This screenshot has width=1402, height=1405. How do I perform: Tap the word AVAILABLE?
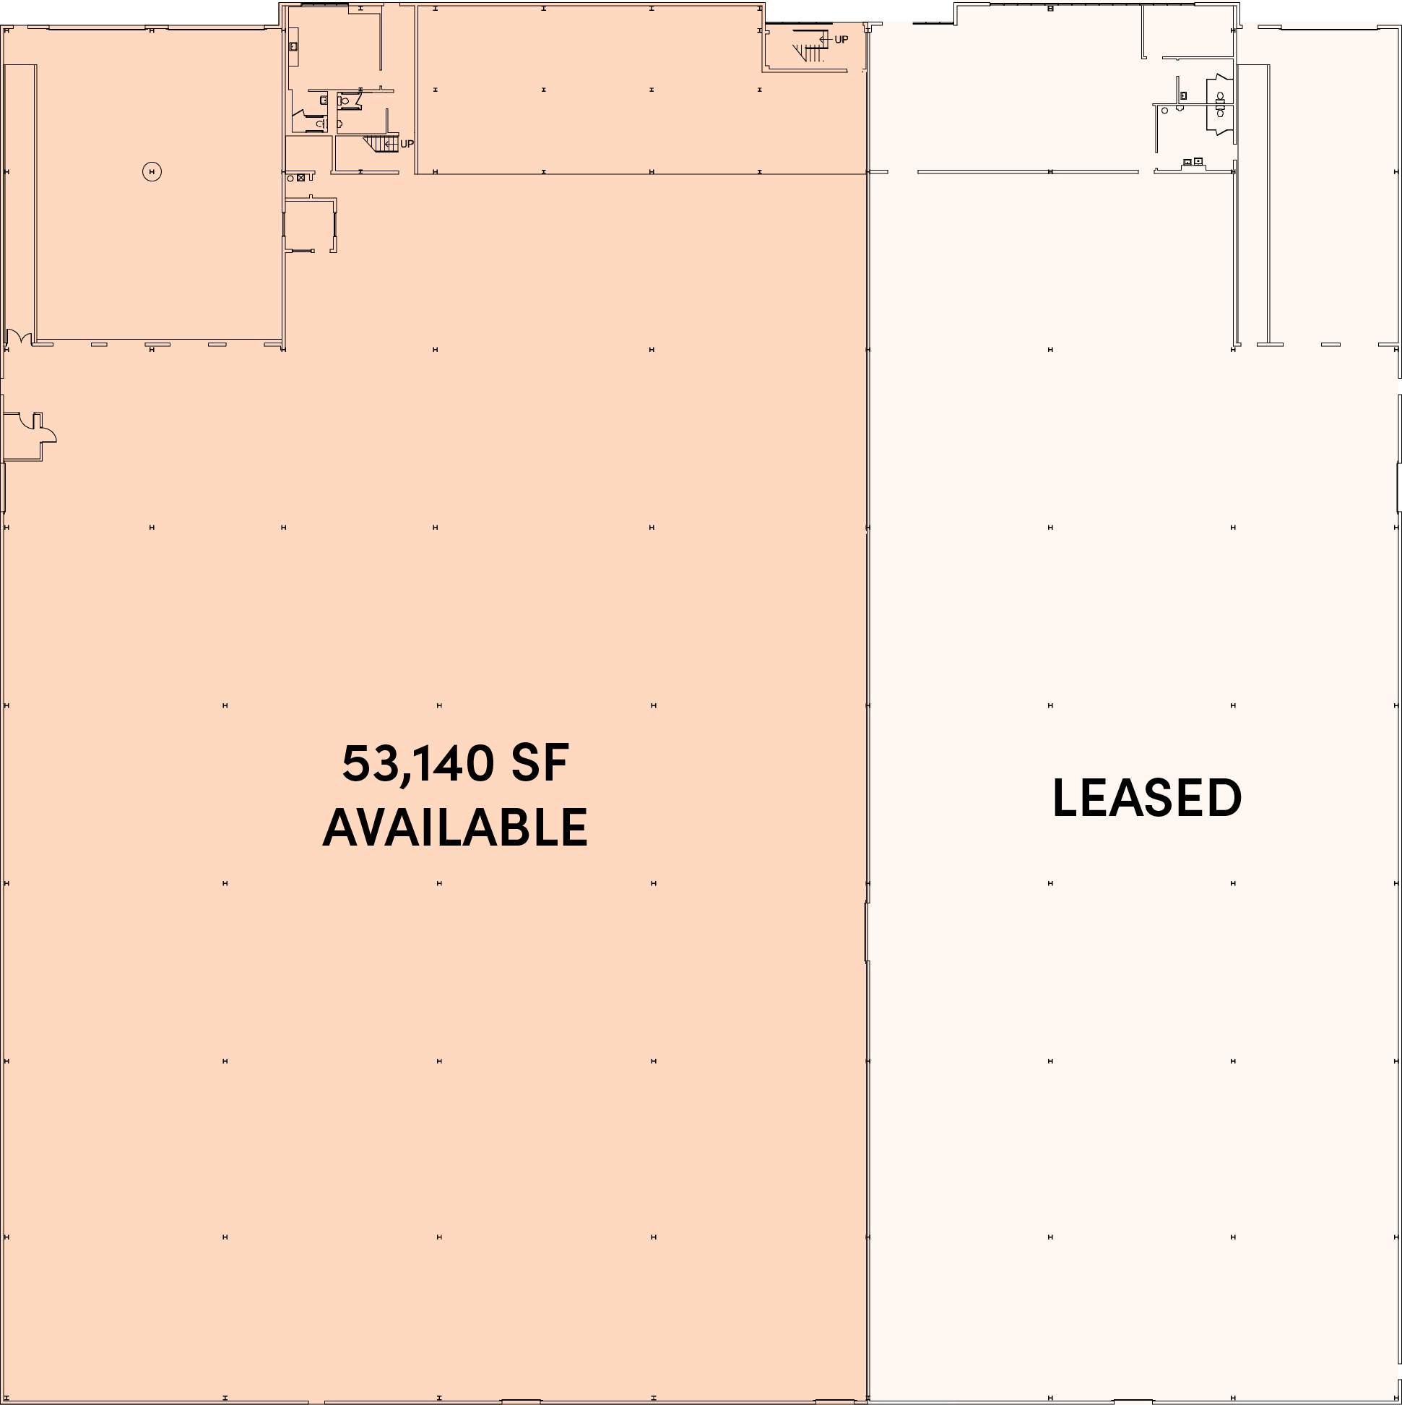455,828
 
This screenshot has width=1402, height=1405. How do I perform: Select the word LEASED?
1147,798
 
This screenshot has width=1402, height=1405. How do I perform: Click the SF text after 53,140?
540,764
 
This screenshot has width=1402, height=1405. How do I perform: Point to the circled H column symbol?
152,171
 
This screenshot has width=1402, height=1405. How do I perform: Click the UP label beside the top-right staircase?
841,39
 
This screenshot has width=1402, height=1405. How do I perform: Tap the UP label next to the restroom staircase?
407,144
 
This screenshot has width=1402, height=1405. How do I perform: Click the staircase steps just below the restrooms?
381,144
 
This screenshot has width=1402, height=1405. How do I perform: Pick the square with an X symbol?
301,178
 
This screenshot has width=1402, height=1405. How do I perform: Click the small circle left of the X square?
290,179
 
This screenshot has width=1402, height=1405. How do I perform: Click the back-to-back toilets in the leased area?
1220,104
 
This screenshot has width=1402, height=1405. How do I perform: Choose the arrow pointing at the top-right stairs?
826,39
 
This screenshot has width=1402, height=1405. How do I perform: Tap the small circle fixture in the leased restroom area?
1164,111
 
